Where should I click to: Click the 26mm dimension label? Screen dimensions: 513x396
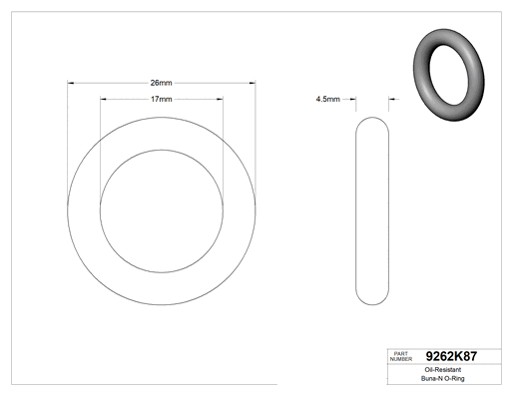pyautogui.click(x=161, y=83)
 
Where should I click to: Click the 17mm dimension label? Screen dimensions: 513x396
pyautogui.click(x=162, y=99)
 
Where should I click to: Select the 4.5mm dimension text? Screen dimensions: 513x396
pyautogui.click(x=328, y=99)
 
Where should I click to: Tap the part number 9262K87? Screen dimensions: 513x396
pyautogui.click(x=451, y=356)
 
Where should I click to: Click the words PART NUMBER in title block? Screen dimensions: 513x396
pyautogui.click(x=401, y=356)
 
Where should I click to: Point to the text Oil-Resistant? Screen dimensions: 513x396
pyautogui.click(x=443, y=370)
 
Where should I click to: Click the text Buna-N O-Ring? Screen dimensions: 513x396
pyautogui.click(x=443, y=378)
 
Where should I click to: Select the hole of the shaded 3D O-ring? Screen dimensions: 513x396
pyautogui.click(x=449, y=75)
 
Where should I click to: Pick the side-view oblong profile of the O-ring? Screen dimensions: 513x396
pyautogui.click(x=356, y=210)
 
